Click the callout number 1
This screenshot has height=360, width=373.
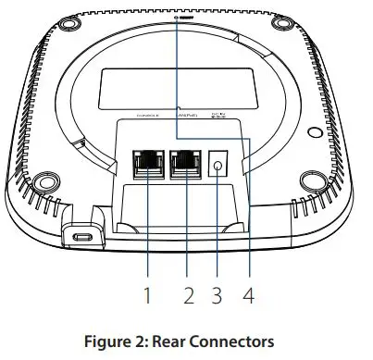tap(146, 297)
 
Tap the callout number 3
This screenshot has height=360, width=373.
tap(218, 297)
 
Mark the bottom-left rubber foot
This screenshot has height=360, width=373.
tap(45, 174)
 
